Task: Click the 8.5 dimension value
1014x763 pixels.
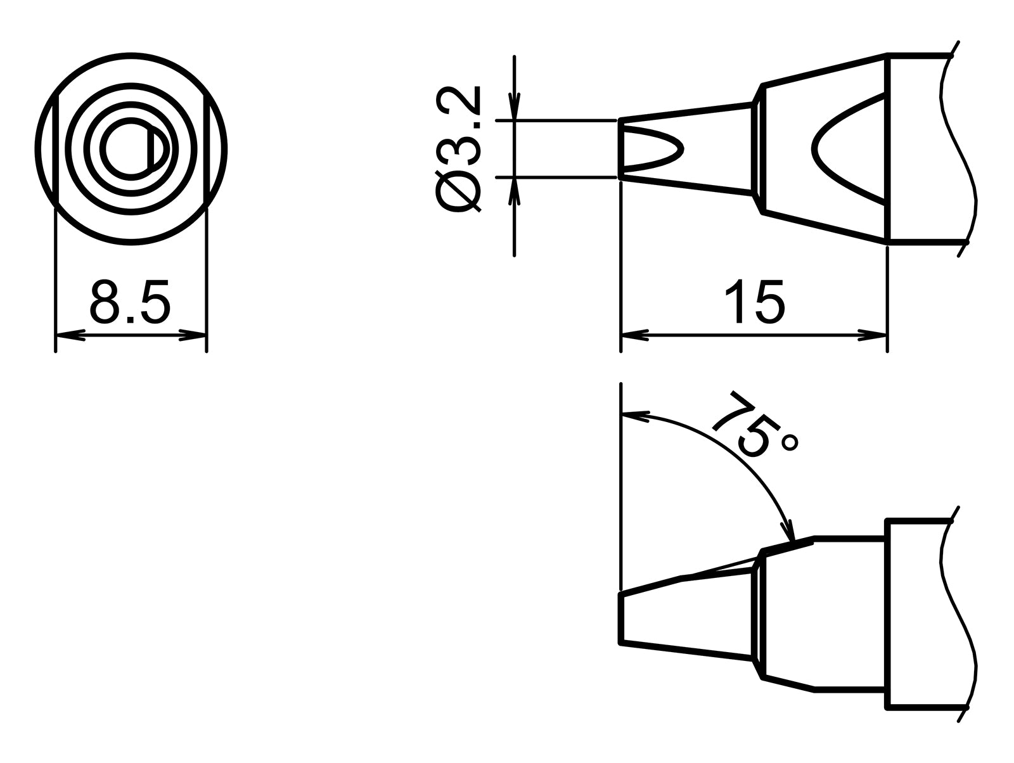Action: (x=130, y=302)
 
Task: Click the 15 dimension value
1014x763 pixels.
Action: (x=754, y=302)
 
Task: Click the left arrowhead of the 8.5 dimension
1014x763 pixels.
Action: (x=70, y=335)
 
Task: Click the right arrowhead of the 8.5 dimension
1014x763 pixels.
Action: (x=193, y=335)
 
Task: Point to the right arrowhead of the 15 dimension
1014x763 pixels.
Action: (x=872, y=335)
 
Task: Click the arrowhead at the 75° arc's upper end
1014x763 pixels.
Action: (x=636, y=416)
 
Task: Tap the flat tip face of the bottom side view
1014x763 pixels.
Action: (x=621, y=619)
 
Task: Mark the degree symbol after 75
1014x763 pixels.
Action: (x=790, y=442)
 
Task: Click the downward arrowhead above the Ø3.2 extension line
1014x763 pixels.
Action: (x=515, y=105)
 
